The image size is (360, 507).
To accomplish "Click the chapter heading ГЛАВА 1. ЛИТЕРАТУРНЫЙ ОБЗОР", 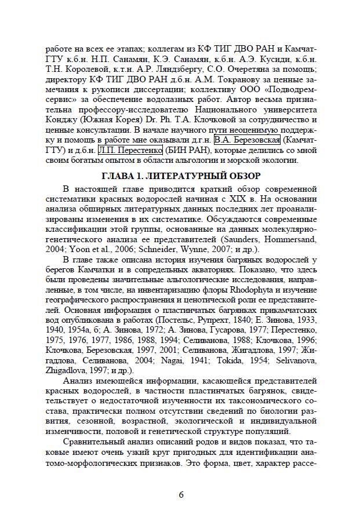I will pyautogui.click(x=180, y=176).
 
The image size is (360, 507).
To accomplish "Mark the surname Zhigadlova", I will pyautogui.click(x=70, y=370).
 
